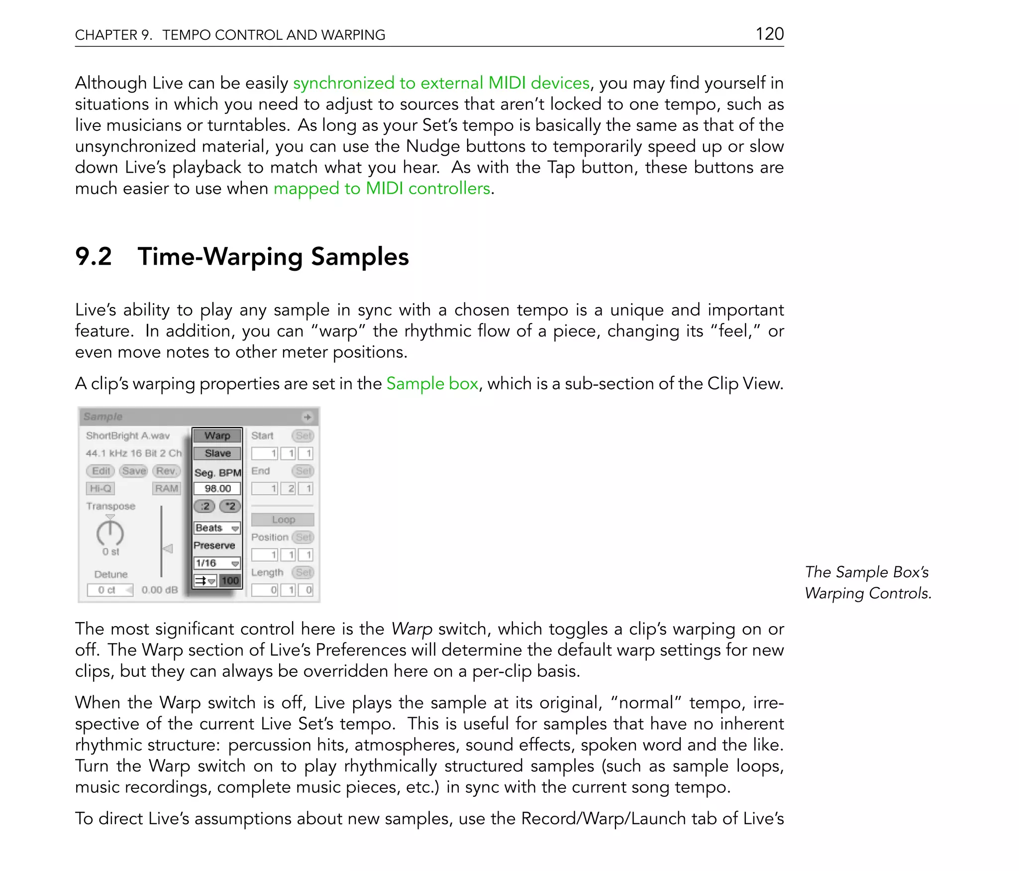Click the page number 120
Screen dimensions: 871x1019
coord(769,34)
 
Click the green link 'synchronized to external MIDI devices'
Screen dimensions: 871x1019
coord(441,83)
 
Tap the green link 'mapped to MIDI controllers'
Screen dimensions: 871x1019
coord(382,189)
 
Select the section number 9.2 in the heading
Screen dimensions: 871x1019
coord(93,257)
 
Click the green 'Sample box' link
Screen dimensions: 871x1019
coord(432,384)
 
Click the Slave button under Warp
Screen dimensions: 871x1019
coord(217,453)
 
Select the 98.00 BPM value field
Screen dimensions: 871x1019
coord(217,489)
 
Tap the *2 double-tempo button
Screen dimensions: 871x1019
coord(230,506)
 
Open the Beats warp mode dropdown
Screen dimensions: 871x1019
coord(217,528)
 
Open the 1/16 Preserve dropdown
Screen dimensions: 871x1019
coord(217,563)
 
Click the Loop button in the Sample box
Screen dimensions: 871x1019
coord(283,520)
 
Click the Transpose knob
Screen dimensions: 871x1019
coord(110,534)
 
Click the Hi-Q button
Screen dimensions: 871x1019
coord(101,489)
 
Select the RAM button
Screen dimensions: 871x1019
coord(167,489)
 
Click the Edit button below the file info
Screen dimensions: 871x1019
coord(101,471)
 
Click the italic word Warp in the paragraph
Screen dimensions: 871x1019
coord(411,629)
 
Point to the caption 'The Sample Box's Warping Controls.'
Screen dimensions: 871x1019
coord(867,583)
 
